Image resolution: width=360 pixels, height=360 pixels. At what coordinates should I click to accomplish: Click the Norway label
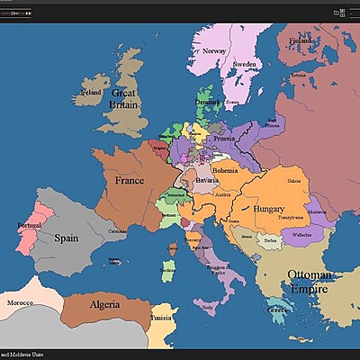point(214,51)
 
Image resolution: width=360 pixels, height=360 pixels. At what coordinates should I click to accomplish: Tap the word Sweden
point(245,66)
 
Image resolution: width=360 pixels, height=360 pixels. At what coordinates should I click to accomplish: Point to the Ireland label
point(91,92)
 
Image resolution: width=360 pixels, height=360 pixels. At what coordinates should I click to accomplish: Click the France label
point(130,180)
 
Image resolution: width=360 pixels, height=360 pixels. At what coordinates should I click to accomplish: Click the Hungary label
point(269,209)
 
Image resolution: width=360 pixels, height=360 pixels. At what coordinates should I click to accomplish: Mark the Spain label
point(67,239)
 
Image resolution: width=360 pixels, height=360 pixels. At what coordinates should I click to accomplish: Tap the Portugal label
point(30,226)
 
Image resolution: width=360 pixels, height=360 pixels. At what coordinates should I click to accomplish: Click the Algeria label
point(104,304)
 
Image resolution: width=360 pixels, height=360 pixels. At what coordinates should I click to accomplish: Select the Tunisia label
point(162,318)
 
